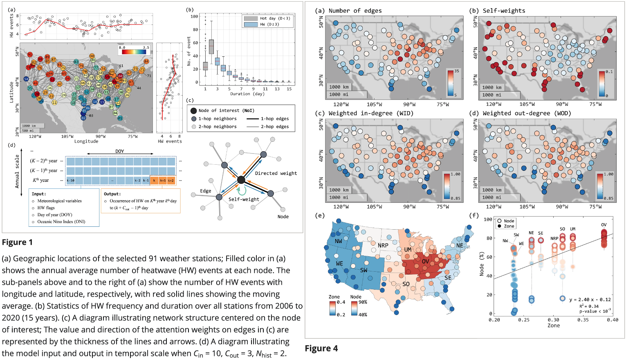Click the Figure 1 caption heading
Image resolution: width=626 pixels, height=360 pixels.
(x=17, y=242)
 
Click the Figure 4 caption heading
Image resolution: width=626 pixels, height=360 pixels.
(x=321, y=348)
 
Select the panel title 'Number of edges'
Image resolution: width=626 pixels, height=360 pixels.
(x=355, y=11)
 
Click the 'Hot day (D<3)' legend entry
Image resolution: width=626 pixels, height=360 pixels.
(x=275, y=18)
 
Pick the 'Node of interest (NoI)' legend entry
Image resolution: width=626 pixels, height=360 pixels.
(x=226, y=111)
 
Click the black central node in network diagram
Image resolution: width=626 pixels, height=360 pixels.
(x=241, y=180)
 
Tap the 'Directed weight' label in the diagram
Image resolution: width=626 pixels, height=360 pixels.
(x=276, y=173)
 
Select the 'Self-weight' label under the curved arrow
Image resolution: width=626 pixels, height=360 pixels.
(x=244, y=199)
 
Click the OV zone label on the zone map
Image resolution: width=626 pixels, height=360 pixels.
(x=426, y=261)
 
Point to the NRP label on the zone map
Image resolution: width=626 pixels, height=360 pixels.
(x=383, y=246)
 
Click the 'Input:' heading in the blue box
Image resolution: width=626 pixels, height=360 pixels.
(x=39, y=194)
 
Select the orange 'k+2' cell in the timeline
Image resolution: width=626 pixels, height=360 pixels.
(x=171, y=180)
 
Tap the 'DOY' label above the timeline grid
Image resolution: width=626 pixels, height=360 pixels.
(x=119, y=151)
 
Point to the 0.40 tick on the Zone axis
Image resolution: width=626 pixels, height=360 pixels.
(x=612, y=320)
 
